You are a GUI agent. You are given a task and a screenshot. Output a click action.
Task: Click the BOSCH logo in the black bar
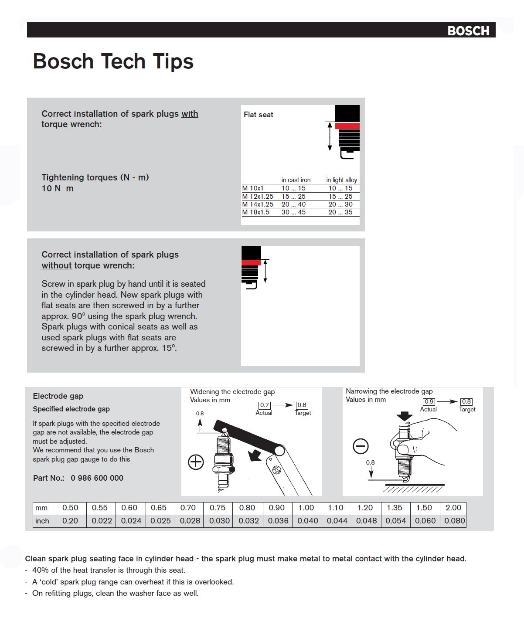click(468, 31)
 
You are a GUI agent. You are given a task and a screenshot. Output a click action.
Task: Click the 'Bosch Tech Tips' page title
click(113, 61)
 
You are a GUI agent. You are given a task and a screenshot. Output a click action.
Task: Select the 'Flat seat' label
click(258, 115)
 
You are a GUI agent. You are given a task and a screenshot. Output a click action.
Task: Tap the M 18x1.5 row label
click(256, 212)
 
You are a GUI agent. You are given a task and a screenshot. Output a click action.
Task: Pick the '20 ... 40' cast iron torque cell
click(293, 204)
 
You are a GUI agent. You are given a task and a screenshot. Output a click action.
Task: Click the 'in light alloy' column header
click(341, 180)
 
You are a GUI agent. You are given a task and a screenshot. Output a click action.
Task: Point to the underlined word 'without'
click(56, 265)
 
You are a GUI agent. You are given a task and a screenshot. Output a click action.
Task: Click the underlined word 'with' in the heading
click(190, 114)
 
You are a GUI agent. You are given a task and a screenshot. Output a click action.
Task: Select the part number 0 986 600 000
click(97, 478)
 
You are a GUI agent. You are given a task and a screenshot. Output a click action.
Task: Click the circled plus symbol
click(196, 462)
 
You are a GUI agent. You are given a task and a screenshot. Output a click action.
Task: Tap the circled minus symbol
click(361, 446)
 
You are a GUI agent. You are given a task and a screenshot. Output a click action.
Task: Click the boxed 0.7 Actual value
click(265, 405)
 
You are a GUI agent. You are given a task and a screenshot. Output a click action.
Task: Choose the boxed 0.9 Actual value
click(429, 402)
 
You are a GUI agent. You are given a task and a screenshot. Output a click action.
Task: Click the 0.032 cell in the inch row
click(248, 521)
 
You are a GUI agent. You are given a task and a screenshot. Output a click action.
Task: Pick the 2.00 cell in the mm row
click(453, 508)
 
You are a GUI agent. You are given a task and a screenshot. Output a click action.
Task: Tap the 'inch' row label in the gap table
click(42, 521)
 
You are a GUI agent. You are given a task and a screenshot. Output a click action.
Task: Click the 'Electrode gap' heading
click(58, 396)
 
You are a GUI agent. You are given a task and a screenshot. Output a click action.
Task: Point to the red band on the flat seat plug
click(347, 126)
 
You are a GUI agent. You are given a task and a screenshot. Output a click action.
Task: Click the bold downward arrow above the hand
click(405, 416)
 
